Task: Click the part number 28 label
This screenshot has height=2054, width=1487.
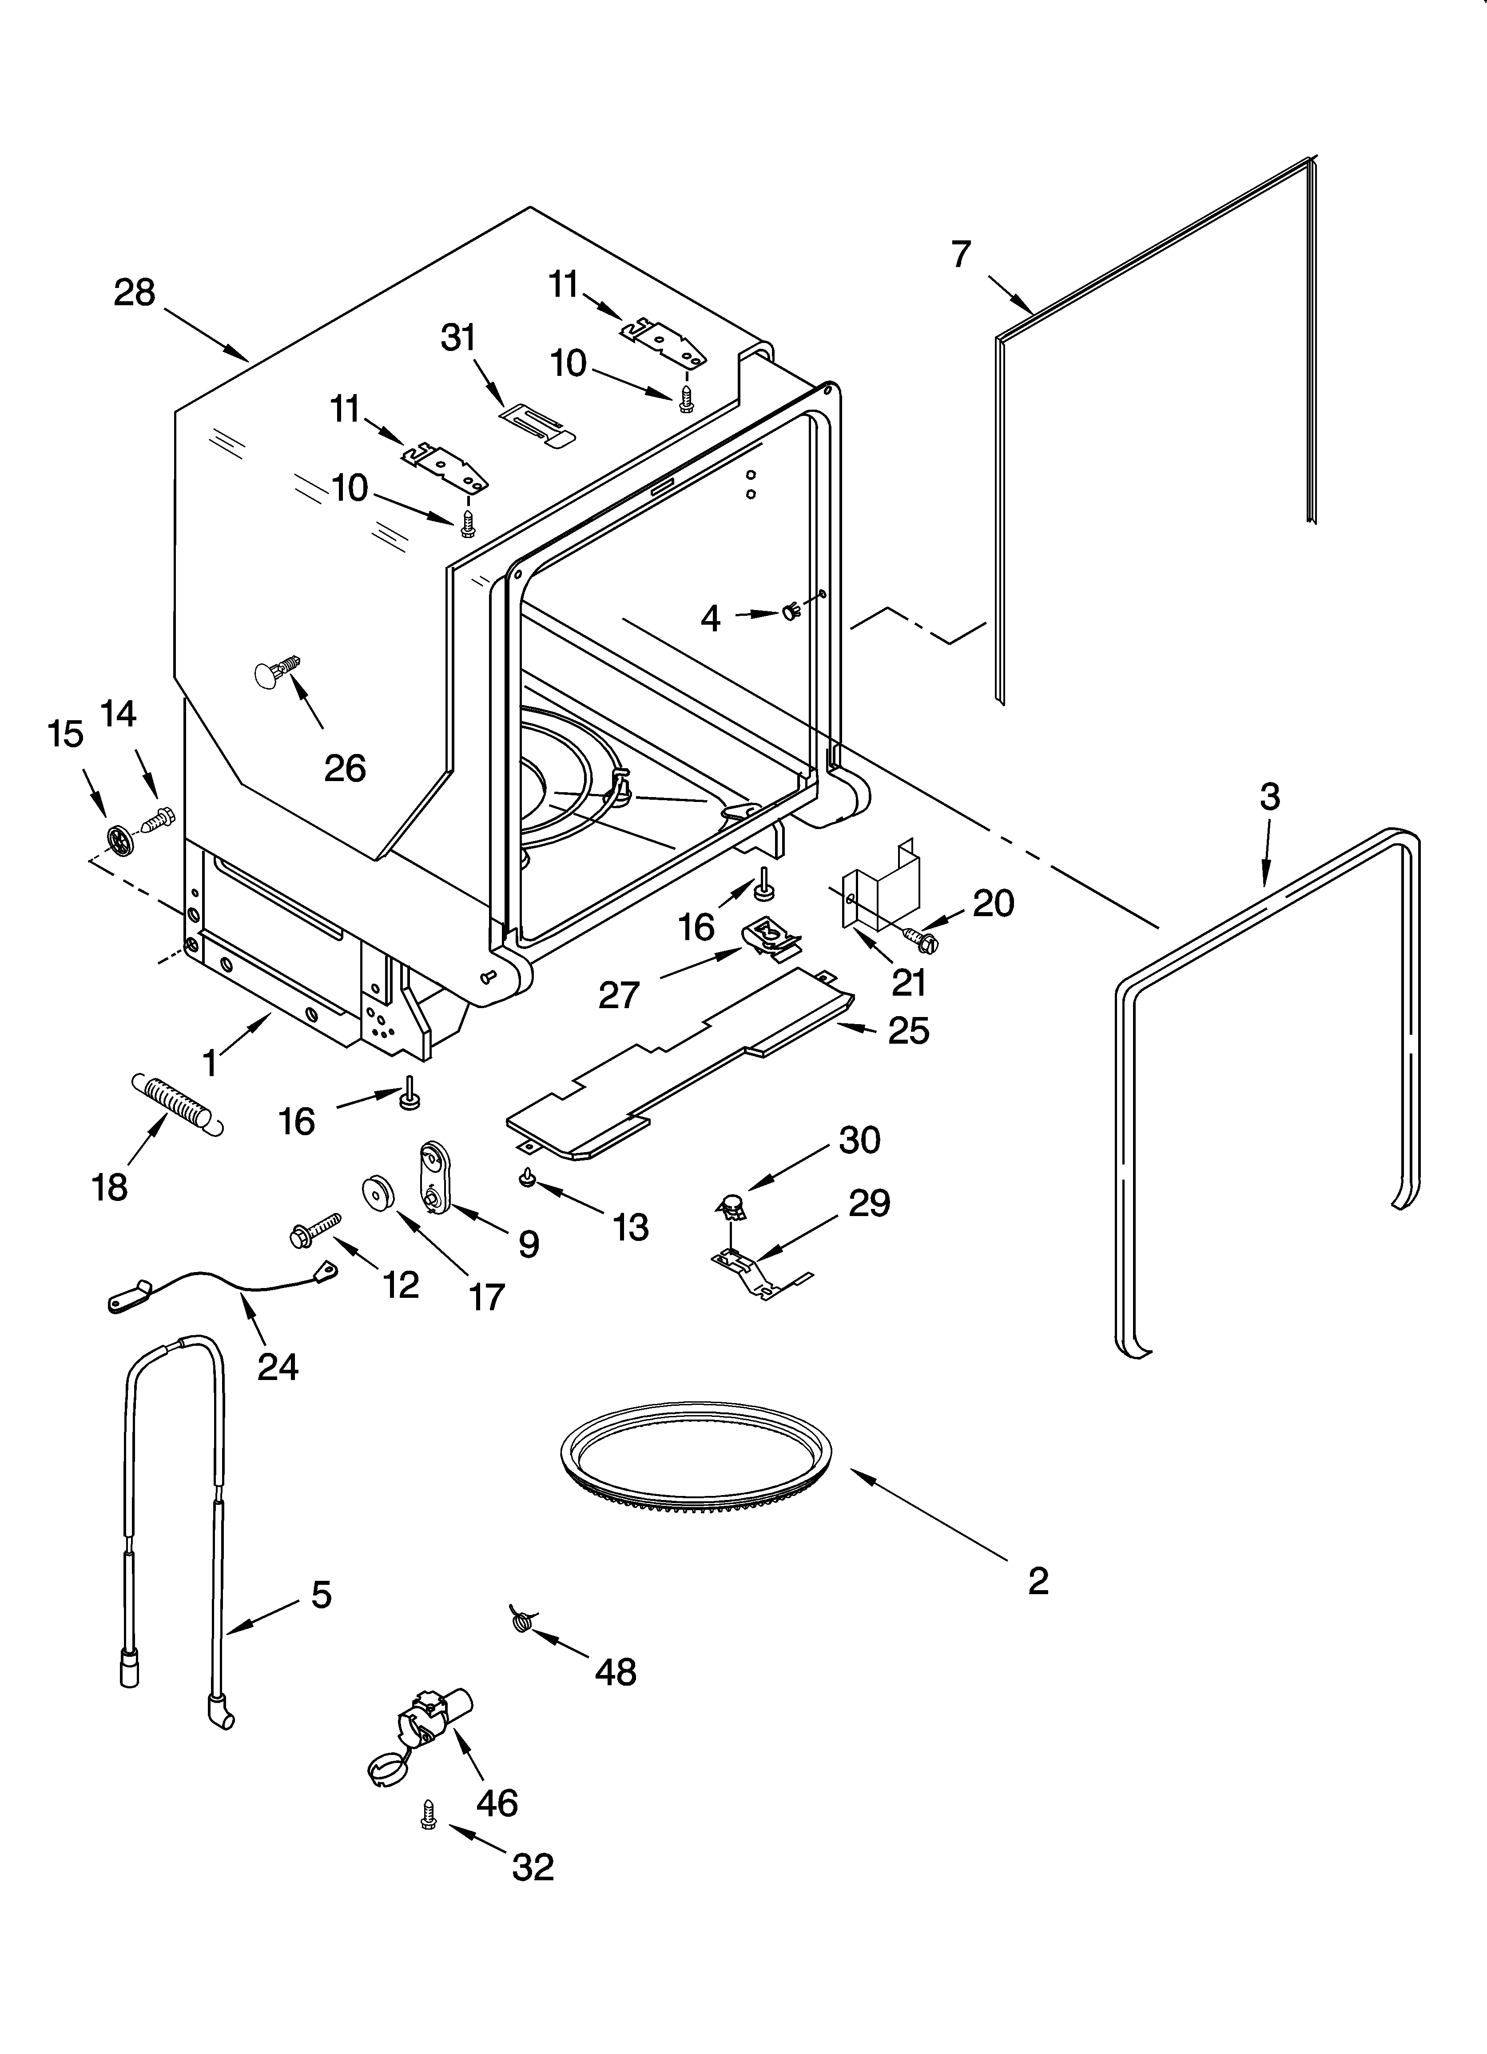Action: pos(134,292)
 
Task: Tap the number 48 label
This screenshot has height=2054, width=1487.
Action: pos(616,1672)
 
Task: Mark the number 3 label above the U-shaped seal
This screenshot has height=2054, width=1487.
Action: pos(1270,797)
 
